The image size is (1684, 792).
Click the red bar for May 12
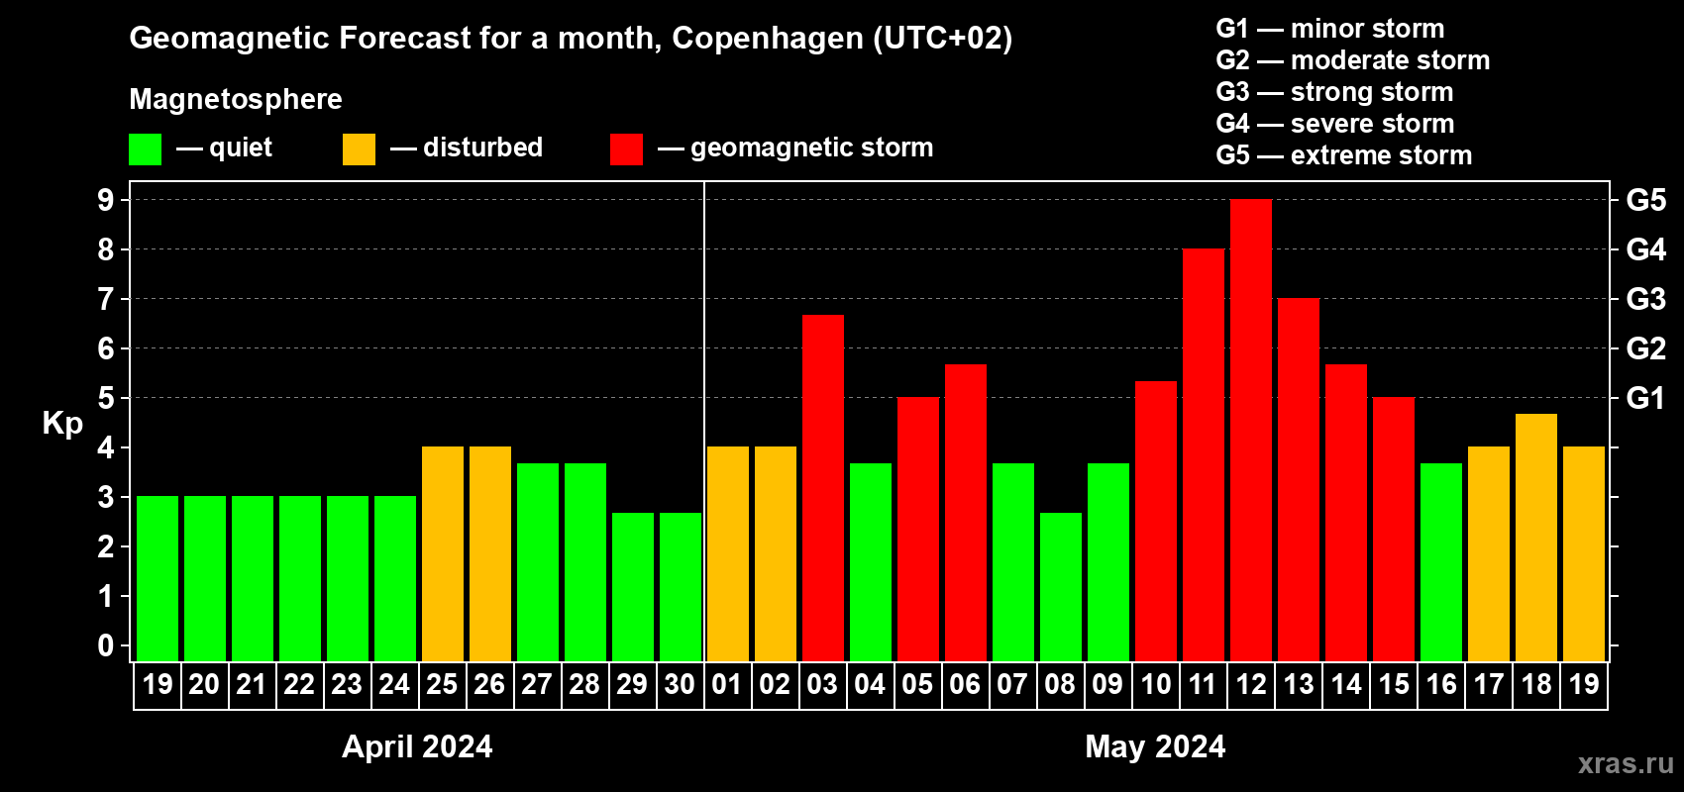point(1251,431)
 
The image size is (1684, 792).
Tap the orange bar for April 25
point(443,554)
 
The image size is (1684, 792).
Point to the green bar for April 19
point(158,579)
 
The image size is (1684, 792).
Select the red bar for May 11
point(1204,455)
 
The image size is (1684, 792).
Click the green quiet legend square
point(146,149)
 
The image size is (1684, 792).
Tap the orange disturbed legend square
point(359,149)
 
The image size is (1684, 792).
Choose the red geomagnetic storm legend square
point(626,149)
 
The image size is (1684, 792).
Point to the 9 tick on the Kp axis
point(106,200)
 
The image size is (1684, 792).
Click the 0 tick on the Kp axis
point(106,645)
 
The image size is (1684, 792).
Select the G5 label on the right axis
point(1645,200)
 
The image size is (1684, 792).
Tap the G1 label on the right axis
point(1645,398)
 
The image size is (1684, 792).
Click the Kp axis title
point(62,424)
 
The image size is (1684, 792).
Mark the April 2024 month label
point(417,746)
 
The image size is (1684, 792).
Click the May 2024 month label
point(1155,746)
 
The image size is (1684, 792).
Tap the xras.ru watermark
point(1625,763)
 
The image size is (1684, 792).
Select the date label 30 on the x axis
point(680,684)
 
